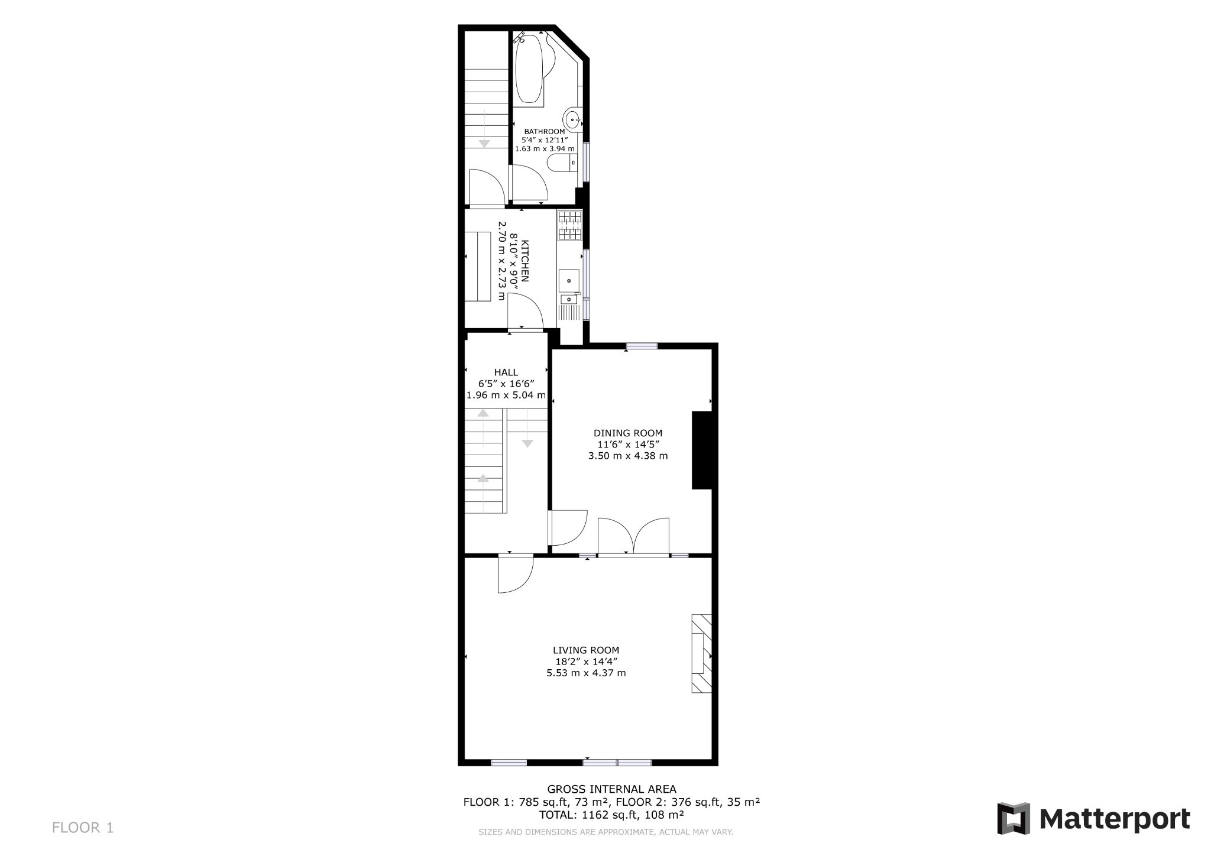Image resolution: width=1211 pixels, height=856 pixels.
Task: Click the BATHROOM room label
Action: tap(544, 131)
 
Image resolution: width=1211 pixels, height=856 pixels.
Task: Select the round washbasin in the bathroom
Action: tap(572, 119)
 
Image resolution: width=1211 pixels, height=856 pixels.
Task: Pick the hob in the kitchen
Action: tap(569, 225)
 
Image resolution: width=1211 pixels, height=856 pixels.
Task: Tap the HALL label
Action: tap(506, 372)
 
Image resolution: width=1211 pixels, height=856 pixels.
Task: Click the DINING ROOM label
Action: tap(628, 433)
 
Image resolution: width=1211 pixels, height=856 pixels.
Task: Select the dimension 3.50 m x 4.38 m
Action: tap(628, 456)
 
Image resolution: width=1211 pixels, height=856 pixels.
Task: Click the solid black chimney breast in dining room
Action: tap(702, 450)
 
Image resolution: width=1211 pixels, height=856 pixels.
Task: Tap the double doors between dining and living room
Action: tap(633, 537)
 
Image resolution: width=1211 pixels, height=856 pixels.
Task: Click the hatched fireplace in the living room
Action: tap(701, 653)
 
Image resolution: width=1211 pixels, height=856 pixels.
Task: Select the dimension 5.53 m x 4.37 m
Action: tap(586, 673)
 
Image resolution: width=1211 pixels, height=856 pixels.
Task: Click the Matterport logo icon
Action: tap(1014, 819)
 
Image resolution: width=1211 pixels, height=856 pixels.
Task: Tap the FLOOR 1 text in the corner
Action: tap(83, 828)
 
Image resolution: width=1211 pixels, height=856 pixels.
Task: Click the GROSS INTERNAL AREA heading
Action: tap(611, 789)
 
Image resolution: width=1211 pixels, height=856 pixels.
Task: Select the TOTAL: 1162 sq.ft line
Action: tap(611, 815)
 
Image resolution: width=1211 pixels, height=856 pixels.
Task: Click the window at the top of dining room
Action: tap(642, 346)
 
